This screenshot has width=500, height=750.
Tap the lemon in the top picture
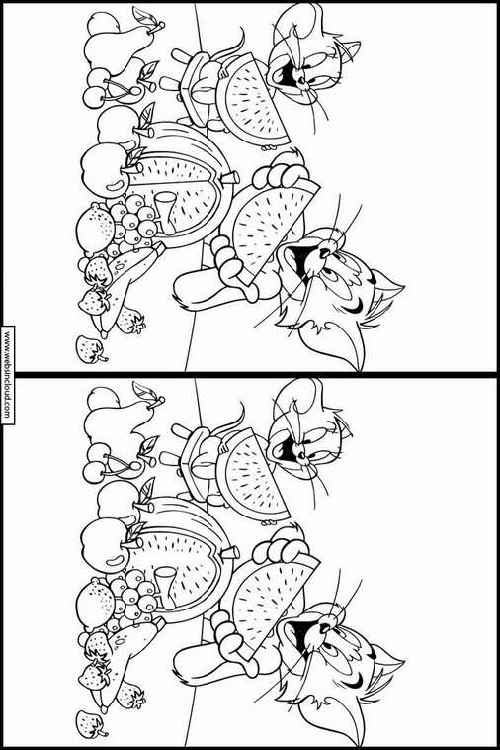95,229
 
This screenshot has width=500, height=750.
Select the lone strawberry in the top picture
91,349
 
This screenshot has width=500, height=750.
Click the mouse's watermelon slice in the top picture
252,100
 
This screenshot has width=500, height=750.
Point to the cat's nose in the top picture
326,252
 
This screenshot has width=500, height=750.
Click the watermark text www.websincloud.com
7,375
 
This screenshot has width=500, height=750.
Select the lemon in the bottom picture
95,604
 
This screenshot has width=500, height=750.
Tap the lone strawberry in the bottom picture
91,724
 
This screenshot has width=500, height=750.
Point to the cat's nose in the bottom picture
326,627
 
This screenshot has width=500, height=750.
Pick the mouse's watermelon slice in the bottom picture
252,475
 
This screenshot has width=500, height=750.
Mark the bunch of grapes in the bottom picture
131,597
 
